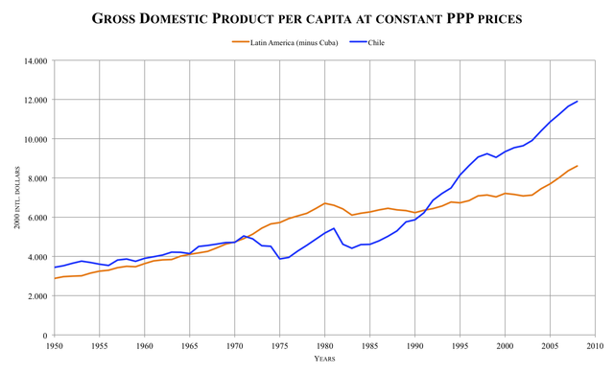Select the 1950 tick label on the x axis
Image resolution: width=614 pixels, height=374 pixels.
pyautogui.click(x=55, y=346)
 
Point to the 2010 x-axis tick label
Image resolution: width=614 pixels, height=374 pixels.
pyautogui.click(x=595, y=346)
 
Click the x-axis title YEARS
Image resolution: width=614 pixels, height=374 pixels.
pyautogui.click(x=324, y=360)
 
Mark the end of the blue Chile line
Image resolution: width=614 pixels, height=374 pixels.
pyautogui.click(x=577, y=102)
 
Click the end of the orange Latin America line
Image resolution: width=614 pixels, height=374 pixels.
pyautogui.click(x=577, y=166)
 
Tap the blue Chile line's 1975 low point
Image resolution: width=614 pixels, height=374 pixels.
pyautogui.click(x=279, y=259)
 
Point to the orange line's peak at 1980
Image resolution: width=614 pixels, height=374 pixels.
pyautogui.click(x=324, y=203)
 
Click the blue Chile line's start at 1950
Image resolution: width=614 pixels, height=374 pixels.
pyautogui.click(x=55, y=268)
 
